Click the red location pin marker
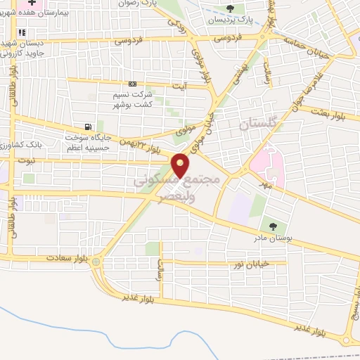coord(181,165)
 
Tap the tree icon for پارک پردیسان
coord(231,8)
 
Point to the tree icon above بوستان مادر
coord(273,226)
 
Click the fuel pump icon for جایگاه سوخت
coord(88,127)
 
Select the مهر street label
coord(264,184)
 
